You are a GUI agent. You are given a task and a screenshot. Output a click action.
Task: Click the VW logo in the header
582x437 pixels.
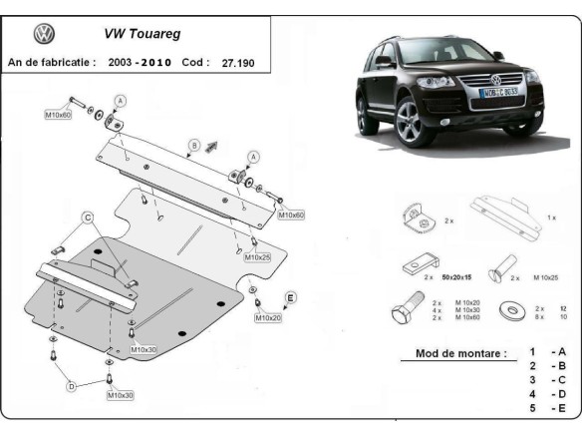pos(45,35)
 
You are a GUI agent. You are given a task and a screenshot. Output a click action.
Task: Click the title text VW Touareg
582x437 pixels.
pos(143,32)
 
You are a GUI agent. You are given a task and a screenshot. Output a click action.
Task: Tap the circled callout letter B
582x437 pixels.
pos(194,143)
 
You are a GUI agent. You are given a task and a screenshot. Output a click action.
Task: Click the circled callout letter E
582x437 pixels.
pos(290,297)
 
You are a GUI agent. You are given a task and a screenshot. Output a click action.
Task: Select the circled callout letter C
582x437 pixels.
pos(87,218)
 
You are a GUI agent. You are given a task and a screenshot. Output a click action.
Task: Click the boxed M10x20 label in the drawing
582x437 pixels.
pos(267,317)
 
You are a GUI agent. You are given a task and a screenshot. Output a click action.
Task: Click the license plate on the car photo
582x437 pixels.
pos(496,93)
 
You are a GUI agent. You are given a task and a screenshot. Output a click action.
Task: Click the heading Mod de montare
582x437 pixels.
pos(452,353)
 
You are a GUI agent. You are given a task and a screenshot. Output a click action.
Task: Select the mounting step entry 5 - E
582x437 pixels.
pos(547,407)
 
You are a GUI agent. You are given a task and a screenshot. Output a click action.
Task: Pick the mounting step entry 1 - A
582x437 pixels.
pos(547,352)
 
